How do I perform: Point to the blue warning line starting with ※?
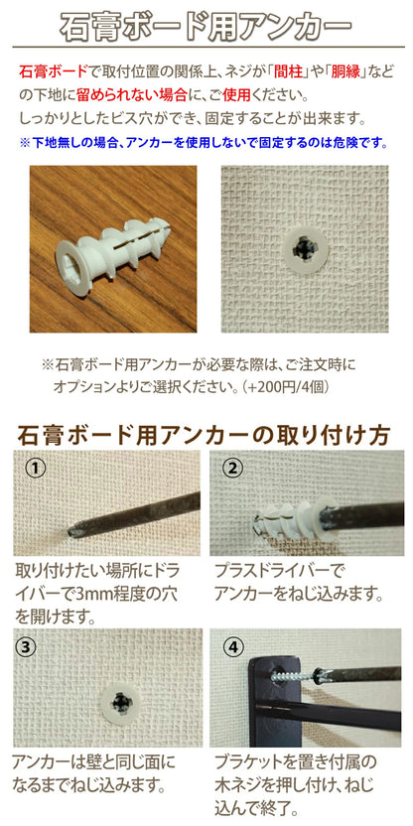point(203,142)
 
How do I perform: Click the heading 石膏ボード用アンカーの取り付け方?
point(205,435)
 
